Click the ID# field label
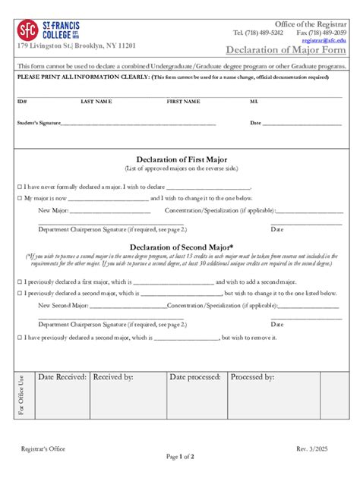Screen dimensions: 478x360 22,101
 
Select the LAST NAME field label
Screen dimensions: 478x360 96,101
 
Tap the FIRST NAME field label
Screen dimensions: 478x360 183,101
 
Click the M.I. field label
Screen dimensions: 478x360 254,101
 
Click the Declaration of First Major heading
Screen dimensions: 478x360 182,159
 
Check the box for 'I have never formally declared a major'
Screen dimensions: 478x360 20,187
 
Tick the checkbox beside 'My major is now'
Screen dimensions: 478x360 20,198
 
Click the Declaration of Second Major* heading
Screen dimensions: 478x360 182,247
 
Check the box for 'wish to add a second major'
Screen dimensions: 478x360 20,281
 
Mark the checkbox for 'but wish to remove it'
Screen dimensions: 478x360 20,337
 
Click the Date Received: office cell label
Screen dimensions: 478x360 62,376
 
